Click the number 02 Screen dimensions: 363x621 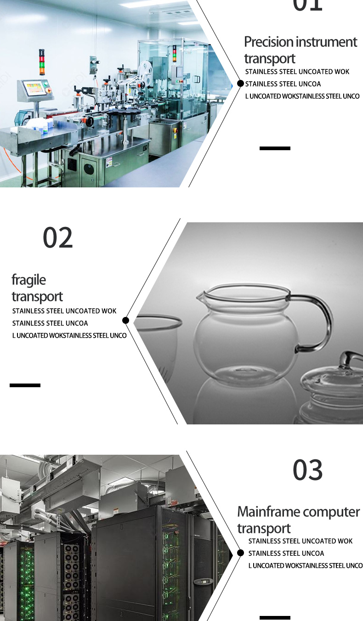58,237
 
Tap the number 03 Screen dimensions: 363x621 308,469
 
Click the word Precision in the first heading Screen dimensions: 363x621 268,42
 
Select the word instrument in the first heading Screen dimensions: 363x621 326,42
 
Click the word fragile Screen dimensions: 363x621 28,280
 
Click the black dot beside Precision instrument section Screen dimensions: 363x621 240,83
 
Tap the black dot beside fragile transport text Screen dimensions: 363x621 125,320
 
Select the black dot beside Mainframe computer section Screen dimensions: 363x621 240,553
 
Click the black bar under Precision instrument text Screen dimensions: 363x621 275,148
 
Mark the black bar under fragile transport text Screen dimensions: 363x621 25,385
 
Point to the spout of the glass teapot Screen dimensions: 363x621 200,297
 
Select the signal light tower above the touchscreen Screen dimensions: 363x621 42,62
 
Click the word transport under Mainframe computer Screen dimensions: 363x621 264,529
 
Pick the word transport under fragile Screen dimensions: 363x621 37,297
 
